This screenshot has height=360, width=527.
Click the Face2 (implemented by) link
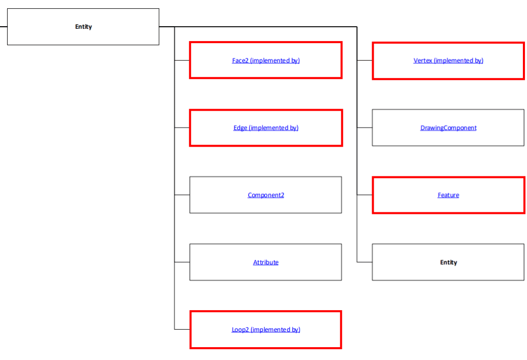pyautogui.click(x=266, y=61)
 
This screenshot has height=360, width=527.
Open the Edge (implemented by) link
pyautogui.click(x=266, y=128)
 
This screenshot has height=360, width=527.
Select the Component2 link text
pyautogui.click(x=266, y=195)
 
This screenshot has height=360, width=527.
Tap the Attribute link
pyautogui.click(x=266, y=262)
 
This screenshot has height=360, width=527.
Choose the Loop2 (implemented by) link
pyautogui.click(x=266, y=330)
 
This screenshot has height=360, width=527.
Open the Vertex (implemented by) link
pyautogui.click(x=448, y=61)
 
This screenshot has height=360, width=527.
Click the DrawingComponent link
pyautogui.click(x=448, y=128)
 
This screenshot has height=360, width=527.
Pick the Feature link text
pyautogui.click(x=448, y=195)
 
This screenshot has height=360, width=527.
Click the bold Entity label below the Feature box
pyautogui.click(x=448, y=262)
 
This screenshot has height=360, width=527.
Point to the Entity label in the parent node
pyautogui.click(x=83, y=27)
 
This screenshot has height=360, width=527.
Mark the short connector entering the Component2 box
pyautogui.click(x=182, y=195)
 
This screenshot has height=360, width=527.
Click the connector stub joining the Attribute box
pyautogui.click(x=182, y=262)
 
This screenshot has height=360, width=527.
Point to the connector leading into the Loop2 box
pyautogui.click(x=182, y=329)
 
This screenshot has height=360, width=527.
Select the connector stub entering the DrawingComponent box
pyautogui.click(x=364, y=128)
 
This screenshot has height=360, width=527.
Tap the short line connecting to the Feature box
pyautogui.click(x=364, y=195)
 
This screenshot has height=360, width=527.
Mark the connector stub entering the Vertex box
pyautogui.click(x=364, y=60)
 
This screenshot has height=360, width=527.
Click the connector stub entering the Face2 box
pyautogui.click(x=182, y=60)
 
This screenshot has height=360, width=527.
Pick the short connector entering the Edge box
pyautogui.click(x=182, y=128)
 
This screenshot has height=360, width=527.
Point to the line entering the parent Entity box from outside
pyautogui.click(x=3, y=27)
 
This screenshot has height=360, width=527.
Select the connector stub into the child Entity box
pyautogui.click(x=364, y=262)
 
